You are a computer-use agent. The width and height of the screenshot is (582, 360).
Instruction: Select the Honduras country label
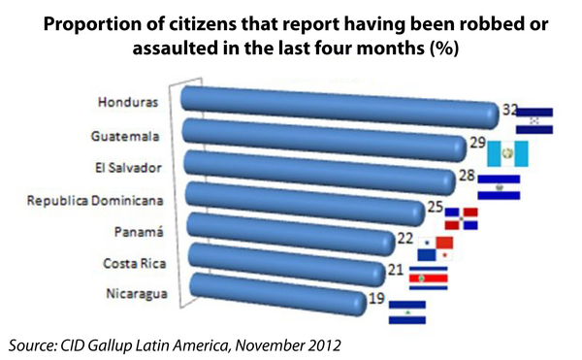(x=130, y=101)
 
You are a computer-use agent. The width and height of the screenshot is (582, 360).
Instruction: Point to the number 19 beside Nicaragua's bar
(x=377, y=299)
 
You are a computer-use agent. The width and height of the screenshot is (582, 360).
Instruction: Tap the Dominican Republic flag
(x=462, y=219)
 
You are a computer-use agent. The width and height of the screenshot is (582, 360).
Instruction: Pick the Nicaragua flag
(x=406, y=311)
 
